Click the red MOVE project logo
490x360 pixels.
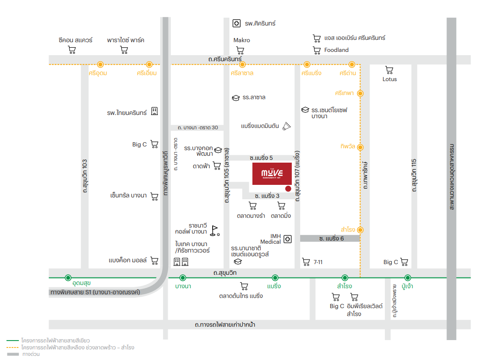271,173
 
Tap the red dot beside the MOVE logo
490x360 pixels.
288,189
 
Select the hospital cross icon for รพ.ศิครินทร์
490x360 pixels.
236,23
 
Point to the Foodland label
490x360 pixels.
336,50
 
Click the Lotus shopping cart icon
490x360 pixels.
389,70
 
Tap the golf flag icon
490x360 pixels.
214,229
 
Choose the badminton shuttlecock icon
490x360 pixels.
287,126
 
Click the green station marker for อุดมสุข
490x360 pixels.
69,278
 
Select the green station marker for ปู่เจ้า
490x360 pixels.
408,278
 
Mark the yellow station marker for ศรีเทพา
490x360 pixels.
361,93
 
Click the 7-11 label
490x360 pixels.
318,262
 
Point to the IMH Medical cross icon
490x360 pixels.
288,239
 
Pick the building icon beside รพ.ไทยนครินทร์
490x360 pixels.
155,111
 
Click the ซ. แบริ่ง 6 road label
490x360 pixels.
332,238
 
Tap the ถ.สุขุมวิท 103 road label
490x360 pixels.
85,176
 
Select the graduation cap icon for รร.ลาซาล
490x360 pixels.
235,98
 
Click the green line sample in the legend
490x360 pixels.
13,341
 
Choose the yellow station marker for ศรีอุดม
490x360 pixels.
100,64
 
